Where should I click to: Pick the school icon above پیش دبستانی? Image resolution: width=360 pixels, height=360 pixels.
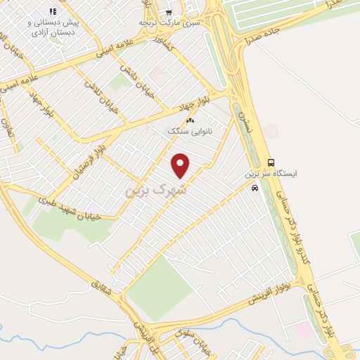(52, 11)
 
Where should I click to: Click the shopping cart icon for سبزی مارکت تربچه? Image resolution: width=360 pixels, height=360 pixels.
(168, 11)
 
